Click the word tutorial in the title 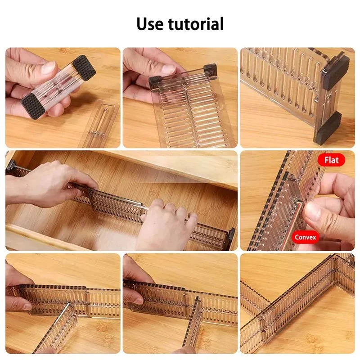[x=197, y=24]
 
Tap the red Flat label [x=331, y=160]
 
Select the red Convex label [x=306, y=237]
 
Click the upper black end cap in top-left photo [x=84, y=67]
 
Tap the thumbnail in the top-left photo [x=48, y=68]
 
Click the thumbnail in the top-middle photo [x=168, y=69]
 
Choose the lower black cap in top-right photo [x=328, y=128]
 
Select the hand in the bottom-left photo [x=17, y=288]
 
